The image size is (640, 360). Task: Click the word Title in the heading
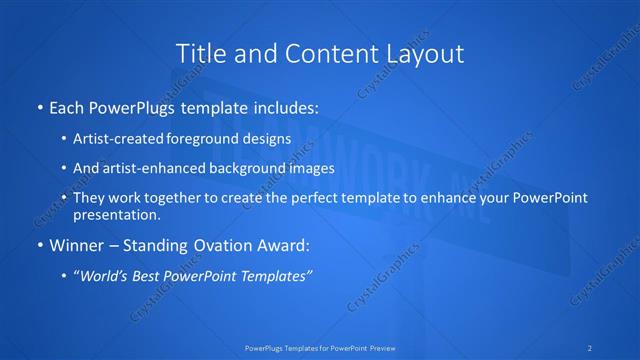click(x=200, y=54)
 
